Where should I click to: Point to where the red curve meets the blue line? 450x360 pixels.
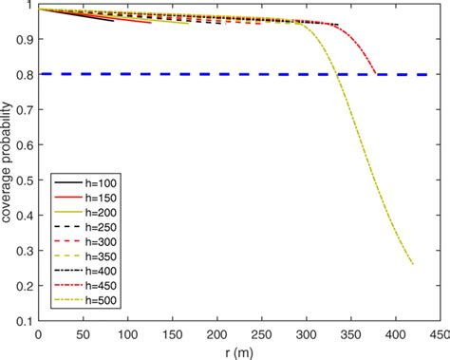pos(376,73)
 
